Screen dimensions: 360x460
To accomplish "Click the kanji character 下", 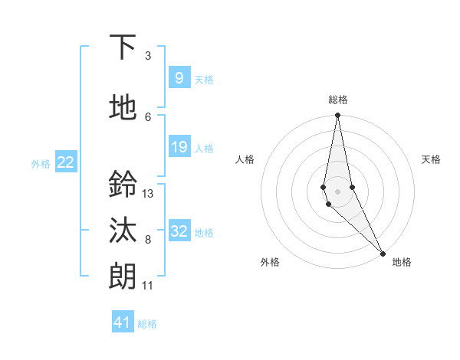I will (x=123, y=48).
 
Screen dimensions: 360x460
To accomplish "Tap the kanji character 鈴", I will (x=123, y=184).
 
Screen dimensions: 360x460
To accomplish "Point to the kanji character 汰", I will (x=123, y=231).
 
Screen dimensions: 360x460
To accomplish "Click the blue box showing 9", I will (x=179, y=78).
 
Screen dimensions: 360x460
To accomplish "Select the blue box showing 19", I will (x=179, y=147).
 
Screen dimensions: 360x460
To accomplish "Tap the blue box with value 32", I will (x=179, y=232).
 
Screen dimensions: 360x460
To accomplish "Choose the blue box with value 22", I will (x=66, y=162).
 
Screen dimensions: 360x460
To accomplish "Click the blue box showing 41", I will (x=122, y=322).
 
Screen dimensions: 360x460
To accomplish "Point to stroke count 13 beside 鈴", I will (x=148, y=193).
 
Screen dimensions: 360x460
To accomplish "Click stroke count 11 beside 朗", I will (x=148, y=286).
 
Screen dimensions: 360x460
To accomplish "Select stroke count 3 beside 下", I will (x=148, y=56).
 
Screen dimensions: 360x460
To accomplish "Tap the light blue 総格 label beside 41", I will (x=147, y=324).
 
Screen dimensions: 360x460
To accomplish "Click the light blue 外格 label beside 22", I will (x=41, y=163).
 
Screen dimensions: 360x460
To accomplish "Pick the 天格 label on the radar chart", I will (x=431, y=159).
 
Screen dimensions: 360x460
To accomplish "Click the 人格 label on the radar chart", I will (x=245, y=159).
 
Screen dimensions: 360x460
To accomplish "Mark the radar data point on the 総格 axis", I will (x=337, y=116).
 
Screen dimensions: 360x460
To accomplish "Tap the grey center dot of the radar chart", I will (x=337, y=190).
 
